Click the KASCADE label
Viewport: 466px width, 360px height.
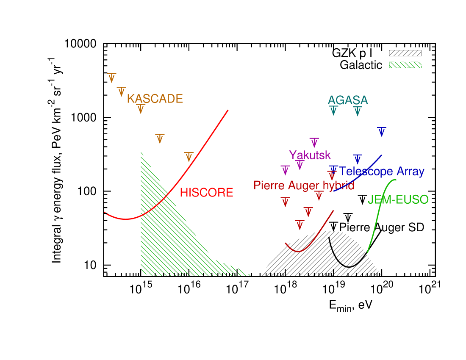tap(155, 99)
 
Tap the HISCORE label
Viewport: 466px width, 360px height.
tap(206, 193)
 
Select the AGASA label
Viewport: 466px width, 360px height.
tap(348, 100)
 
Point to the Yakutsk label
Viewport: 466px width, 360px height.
tap(310, 155)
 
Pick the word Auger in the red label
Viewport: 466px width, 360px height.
tap(302, 186)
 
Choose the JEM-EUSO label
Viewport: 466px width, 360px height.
tap(398, 200)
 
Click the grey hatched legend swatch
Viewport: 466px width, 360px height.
tap(405, 53)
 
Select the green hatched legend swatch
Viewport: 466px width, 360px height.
tap(405, 65)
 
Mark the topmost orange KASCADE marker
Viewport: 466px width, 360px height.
tap(111, 78)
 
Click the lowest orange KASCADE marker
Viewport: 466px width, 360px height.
tap(189, 157)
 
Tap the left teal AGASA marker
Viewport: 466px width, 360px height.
tap(333, 111)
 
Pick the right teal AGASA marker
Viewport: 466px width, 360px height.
tap(358, 111)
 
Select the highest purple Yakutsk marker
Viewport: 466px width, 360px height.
tap(314, 143)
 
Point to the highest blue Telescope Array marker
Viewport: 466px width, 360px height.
tap(381, 131)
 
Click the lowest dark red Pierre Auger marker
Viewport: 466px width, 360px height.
tap(300, 224)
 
